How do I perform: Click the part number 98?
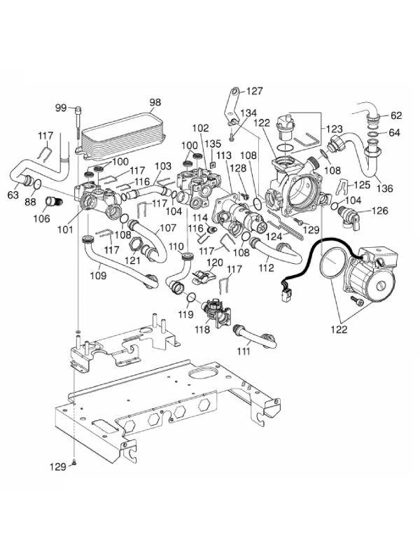(155, 102)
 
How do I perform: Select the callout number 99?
(61, 107)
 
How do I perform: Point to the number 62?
(396, 115)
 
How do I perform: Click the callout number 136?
(385, 188)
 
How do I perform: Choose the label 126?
(379, 209)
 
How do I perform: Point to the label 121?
(131, 260)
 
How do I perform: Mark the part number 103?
(162, 166)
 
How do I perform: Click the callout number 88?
(31, 203)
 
